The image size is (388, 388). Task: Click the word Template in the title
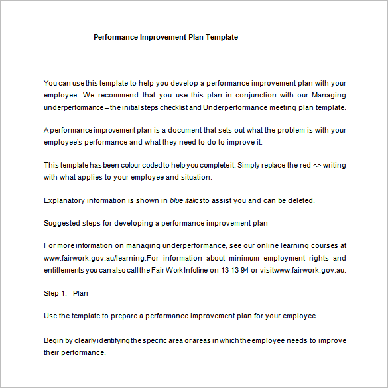tap(222, 37)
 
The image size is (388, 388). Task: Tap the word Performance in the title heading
tap(115, 37)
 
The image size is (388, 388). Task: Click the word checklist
tap(184, 107)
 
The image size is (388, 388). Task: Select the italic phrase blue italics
tap(186, 200)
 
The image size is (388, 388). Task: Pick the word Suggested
tap(64, 223)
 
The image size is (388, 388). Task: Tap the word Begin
tap(54, 341)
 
